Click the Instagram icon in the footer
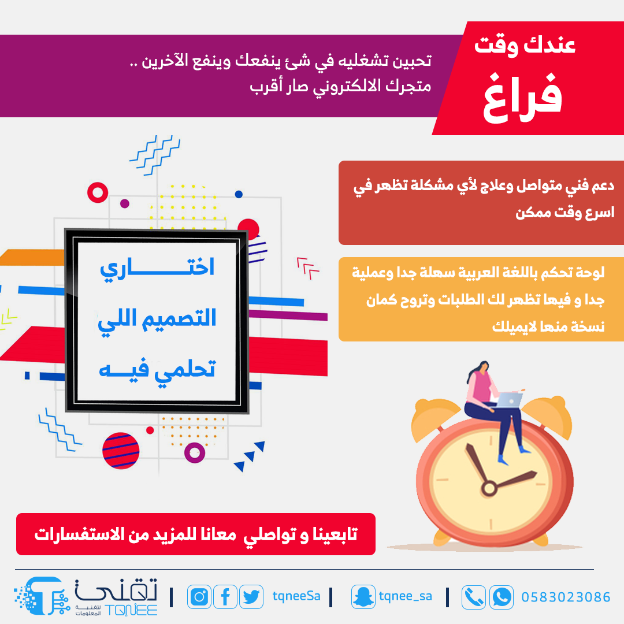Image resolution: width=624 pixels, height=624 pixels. point(199,596)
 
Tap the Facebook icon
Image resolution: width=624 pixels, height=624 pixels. point(225,596)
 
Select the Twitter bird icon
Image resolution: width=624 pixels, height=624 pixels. point(251,596)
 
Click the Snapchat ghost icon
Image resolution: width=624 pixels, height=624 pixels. point(363,596)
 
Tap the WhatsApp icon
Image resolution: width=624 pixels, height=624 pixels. point(501,597)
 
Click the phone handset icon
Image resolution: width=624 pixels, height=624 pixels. point(474,597)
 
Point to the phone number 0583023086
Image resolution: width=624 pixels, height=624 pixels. point(566,597)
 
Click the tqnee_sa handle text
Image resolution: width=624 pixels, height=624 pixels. point(405,596)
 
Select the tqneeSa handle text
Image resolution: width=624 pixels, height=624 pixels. point(296,596)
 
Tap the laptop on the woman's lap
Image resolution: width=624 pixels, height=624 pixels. point(508,400)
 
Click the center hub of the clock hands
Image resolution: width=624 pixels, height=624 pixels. point(489,488)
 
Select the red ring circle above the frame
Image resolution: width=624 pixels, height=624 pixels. point(98,192)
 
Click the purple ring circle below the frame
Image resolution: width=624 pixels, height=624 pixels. point(195,452)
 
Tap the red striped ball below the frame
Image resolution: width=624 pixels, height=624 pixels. point(121,451)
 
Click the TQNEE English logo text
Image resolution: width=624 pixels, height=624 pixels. point(131,610)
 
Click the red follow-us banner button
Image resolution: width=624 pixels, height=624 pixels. point(196,534)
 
